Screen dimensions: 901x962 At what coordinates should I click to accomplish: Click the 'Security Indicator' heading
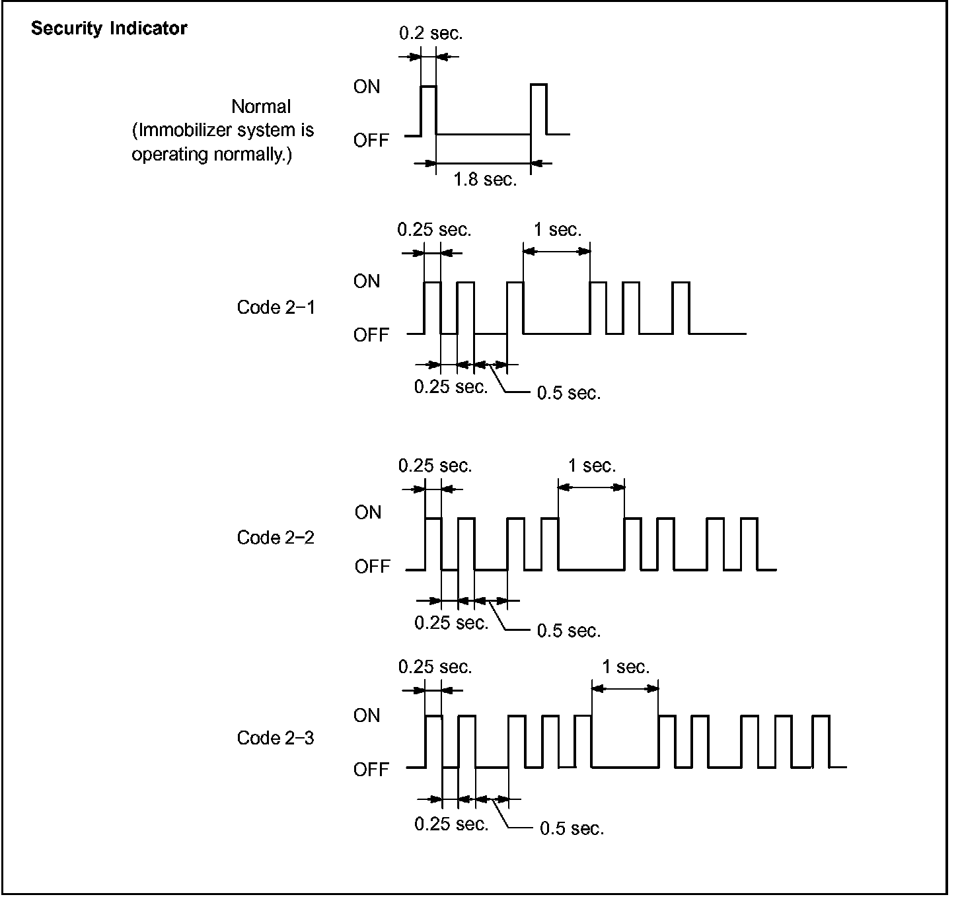[x=109, y=29]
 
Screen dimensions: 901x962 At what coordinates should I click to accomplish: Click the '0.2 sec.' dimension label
[x=431, y=34]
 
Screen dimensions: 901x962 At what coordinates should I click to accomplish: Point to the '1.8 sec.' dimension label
[x=485, y=180]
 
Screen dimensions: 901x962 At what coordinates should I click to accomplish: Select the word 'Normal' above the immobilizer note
[x=261, y=106]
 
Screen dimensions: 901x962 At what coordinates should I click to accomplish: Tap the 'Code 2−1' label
[x=276, y=308]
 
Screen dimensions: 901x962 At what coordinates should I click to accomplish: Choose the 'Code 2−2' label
[x=276, y=538]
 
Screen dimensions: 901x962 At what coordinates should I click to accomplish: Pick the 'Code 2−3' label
[x=276, y=739]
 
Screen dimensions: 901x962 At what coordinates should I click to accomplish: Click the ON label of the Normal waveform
[x=367, y=87]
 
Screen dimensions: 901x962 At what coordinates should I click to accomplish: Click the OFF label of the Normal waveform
[x=371, y=141]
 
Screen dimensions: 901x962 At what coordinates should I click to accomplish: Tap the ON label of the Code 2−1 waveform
[x=367, y=281]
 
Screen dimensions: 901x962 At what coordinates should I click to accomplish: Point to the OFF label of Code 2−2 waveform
[x=373, y=567]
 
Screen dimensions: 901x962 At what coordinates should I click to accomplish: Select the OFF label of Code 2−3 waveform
[x=371, y=770]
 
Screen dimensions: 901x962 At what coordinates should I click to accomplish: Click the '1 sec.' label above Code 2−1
[x=558, y=230]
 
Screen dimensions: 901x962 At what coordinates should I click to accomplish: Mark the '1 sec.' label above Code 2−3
[x=626, y=667]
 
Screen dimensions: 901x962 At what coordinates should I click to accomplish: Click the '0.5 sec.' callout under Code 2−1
[x=568, y=394]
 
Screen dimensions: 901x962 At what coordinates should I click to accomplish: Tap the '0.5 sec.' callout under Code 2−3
[x=572, y=828]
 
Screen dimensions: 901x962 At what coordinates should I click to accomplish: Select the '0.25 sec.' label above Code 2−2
[x=435, y=466]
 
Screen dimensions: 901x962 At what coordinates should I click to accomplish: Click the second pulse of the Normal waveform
[x=538, y=109]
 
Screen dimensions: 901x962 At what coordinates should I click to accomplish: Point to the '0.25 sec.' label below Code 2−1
[x=451, y=387]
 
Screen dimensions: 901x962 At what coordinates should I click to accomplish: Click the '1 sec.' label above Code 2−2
[x=591, y=466]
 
